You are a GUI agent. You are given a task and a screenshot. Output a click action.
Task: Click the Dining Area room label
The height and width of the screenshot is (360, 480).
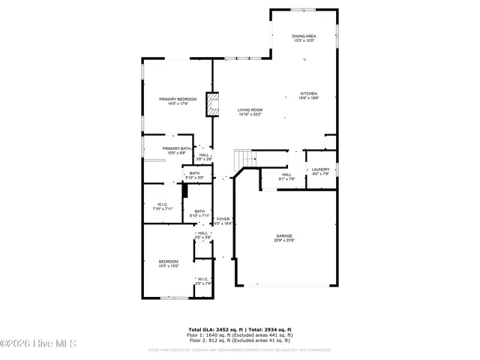[x=303, y=37]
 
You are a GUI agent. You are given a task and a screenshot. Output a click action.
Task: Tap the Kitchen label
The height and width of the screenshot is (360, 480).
[x=309, y=95]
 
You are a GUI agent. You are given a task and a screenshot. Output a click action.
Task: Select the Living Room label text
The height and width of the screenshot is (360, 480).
[x=250, y=112]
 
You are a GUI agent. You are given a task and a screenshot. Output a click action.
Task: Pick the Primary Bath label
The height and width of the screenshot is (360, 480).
[x=176, y=150]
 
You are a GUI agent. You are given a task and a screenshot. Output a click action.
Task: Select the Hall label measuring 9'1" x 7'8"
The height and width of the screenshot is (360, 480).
[x=286, y=176]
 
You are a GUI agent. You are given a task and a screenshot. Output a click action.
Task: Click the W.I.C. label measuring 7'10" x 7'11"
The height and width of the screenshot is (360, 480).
[x=163, y=205]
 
